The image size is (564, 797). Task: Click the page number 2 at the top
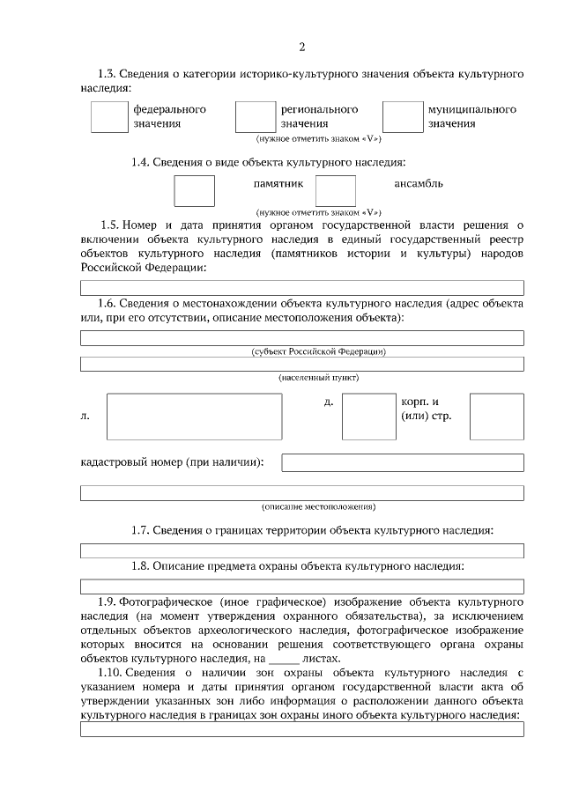[301, 47]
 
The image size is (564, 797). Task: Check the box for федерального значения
[109, 116]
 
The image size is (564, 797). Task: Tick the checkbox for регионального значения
[256, 116]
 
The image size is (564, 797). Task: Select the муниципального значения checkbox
[402, 116]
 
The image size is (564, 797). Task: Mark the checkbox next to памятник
[194, 191]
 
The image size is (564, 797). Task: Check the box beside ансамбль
[335, 191]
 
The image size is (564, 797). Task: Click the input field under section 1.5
[301, 288]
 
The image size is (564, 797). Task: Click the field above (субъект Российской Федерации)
[301, 338]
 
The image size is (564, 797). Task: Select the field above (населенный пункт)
[301, 365]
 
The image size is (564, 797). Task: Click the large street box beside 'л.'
[194, 416]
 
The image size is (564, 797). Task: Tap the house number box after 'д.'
[368, 416]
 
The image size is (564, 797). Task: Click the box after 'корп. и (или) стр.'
[496, 416]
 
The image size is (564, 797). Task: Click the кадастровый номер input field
[402, 462]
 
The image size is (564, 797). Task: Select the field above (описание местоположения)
[301, 493]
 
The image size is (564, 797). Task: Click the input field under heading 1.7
[301, 551]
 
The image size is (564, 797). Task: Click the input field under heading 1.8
[301, 586]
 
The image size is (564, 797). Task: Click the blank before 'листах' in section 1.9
[283, 659]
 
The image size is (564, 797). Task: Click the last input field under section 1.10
[301, 729]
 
